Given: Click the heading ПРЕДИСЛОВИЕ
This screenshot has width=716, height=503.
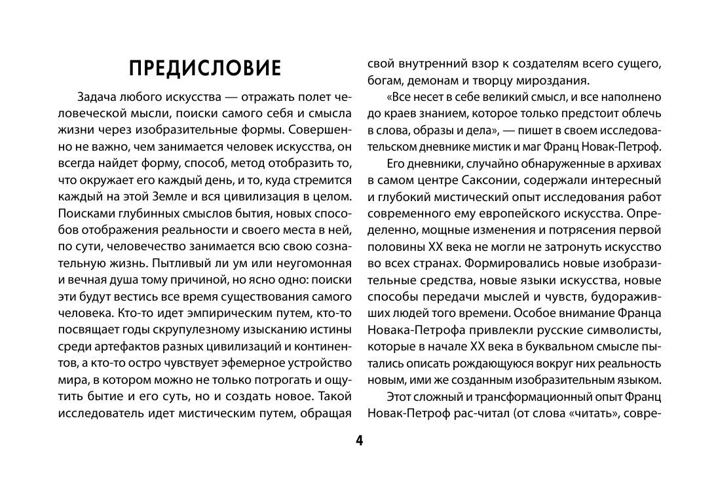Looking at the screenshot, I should [x=204, y=68].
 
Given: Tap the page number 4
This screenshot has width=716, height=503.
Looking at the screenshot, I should [x=359, y=440].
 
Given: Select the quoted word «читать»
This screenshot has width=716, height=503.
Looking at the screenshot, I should [x=614, y=414].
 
